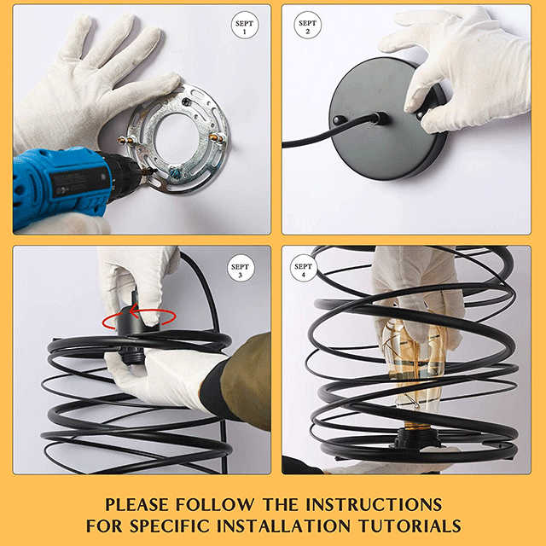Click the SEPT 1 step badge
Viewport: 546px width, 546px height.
245,25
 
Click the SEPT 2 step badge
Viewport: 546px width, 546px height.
307,25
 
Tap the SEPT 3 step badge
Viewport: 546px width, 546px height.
241,268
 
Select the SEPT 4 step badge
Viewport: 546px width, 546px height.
304,268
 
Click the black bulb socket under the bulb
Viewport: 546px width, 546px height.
417,439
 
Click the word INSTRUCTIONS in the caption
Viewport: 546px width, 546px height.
374,504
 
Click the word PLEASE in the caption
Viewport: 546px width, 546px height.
136,504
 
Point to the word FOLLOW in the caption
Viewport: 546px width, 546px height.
215,504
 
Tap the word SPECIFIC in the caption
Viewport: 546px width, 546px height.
171,526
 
